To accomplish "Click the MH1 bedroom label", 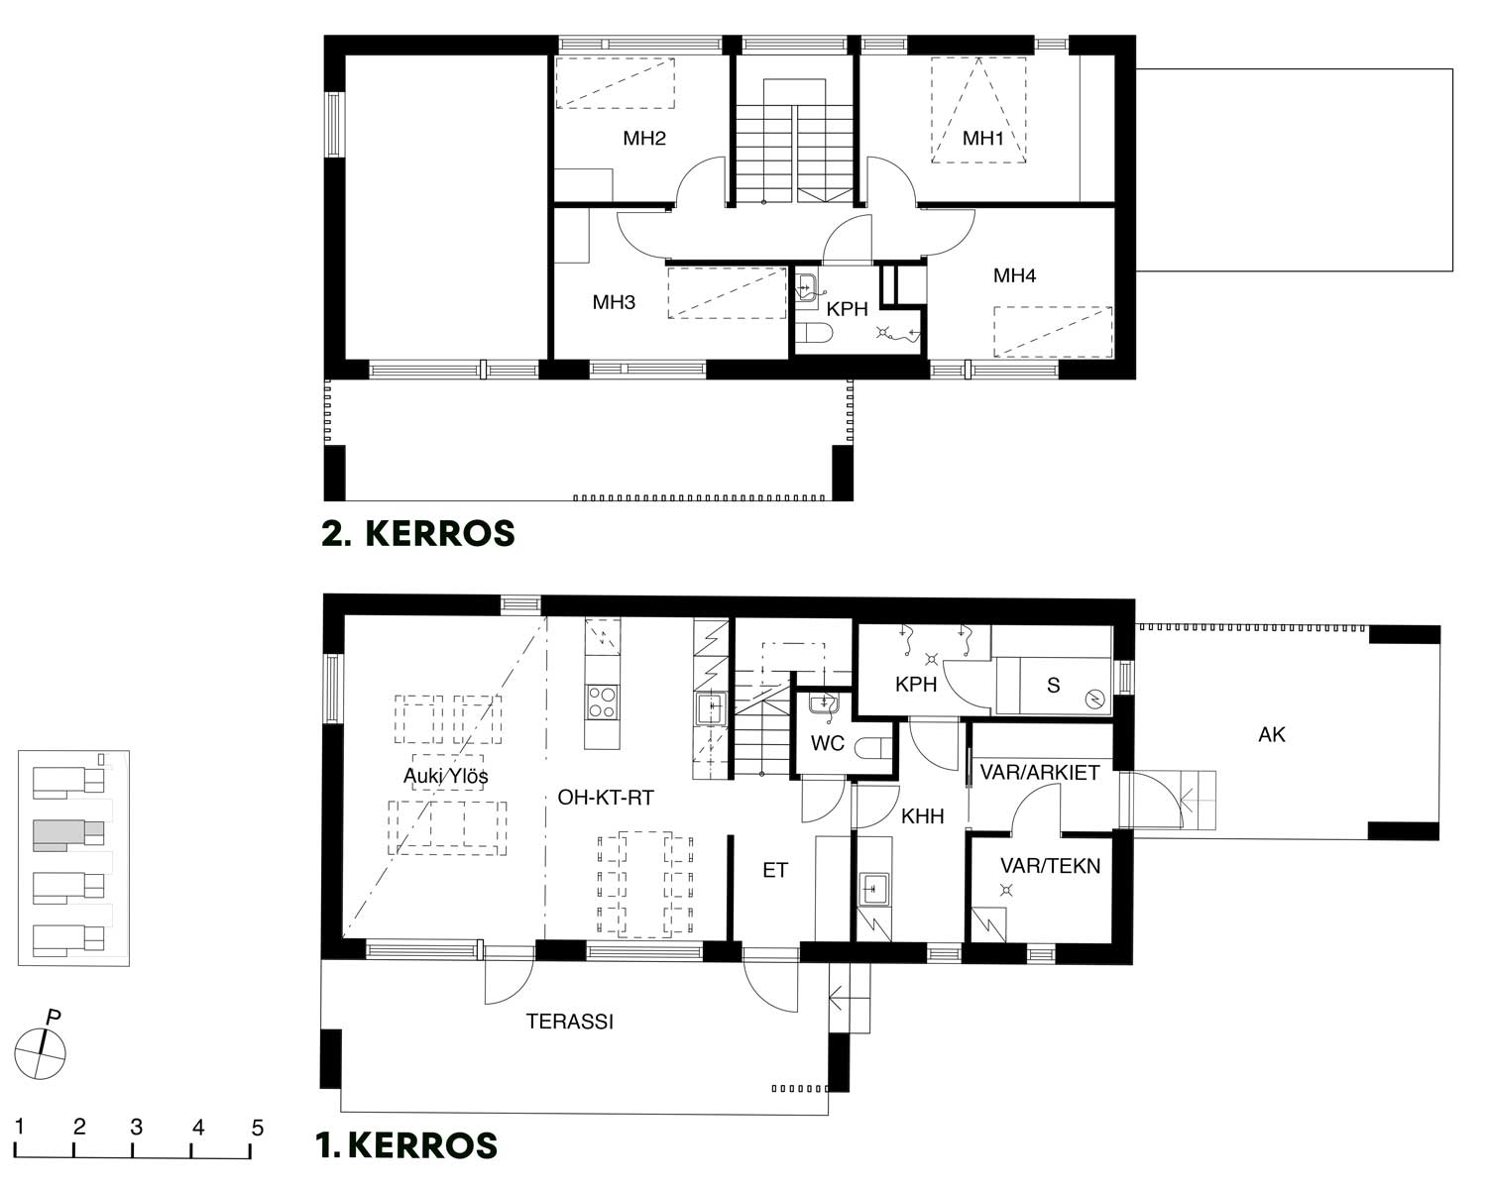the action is tap(982, 138).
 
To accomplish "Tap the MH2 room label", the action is tap(644, 138).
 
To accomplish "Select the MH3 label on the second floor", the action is tap(614, 302).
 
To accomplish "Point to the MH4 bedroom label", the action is tap(1014, 275).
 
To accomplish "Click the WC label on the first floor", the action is tap(827, 743).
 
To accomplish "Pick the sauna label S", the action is tap(1053, 685).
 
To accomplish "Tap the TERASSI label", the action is tap(569, 1021).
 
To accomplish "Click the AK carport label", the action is tap(1272, 734).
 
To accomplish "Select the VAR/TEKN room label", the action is tap(1050, 865).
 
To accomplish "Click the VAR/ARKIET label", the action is tap(1040, 772).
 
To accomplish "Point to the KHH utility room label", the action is tap(923, 815).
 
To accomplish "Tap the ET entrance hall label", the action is tap(774, 870).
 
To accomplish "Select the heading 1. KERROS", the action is tap(406, 1144).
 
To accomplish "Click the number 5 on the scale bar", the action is tap(257, 1128).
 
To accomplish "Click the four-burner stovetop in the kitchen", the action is tap(602, 702).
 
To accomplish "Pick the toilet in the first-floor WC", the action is tap(874, 748).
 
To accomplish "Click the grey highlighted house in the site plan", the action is tap(68, 833).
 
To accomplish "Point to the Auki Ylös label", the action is tap(446, 777).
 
